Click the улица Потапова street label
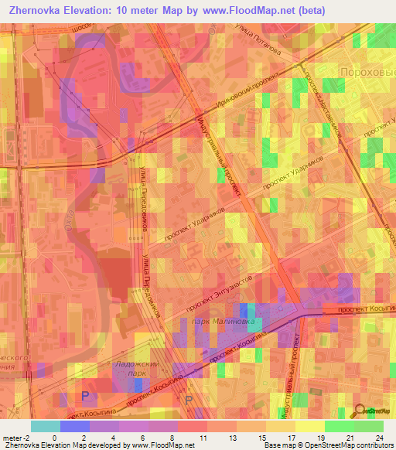click(x=256, y=35)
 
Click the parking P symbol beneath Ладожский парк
click(x=85, y=395)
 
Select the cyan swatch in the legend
click(x=45, y=426)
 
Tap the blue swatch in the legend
click(x=74, y=426)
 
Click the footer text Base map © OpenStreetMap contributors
click(x=327, y=446)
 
